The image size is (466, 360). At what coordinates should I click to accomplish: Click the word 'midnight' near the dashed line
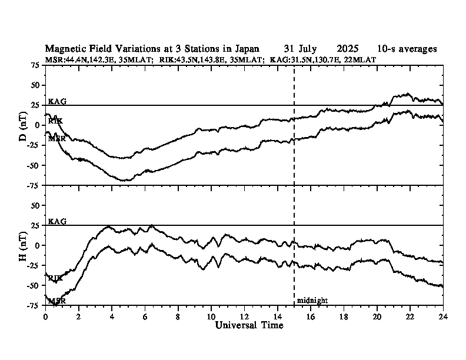coord(312,301)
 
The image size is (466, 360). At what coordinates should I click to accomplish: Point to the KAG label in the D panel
coord(57,101)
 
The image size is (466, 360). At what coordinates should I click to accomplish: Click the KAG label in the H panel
coord(57,221)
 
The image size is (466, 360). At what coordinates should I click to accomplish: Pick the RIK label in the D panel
coord(55,121)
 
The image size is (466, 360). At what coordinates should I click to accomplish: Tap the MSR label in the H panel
coord(56,301)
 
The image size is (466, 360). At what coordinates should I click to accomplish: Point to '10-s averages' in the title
coord(407,49)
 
